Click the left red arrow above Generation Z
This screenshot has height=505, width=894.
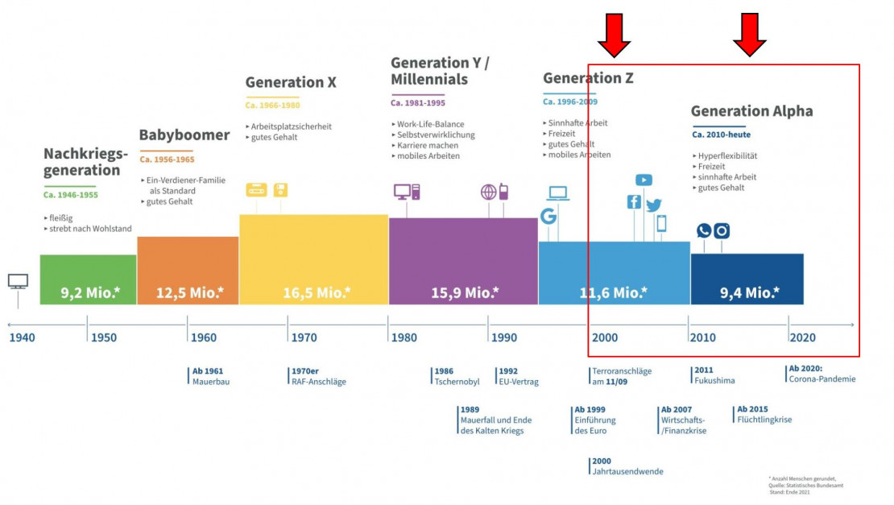[614, 35]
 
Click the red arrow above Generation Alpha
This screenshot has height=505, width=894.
[750, 35]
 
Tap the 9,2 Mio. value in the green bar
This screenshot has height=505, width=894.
[89, 292]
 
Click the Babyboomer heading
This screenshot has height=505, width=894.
[184, 135]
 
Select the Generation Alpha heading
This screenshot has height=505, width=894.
[751, 111]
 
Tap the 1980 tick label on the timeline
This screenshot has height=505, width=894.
[404, 337]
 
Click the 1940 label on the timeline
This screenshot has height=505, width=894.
[23, 337]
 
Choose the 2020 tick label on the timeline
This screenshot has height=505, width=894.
[802, 337]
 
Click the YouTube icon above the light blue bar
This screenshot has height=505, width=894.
[644, 180]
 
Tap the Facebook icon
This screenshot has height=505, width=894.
[634, 202]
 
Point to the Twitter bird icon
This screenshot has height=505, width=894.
[653, 205]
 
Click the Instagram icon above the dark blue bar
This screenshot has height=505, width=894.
[722, 231]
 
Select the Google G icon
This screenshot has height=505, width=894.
[548, 216]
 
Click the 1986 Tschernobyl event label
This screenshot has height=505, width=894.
[457, 376]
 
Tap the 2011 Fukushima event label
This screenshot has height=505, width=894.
[714, 376]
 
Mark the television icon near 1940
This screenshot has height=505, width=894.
[18, 281]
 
